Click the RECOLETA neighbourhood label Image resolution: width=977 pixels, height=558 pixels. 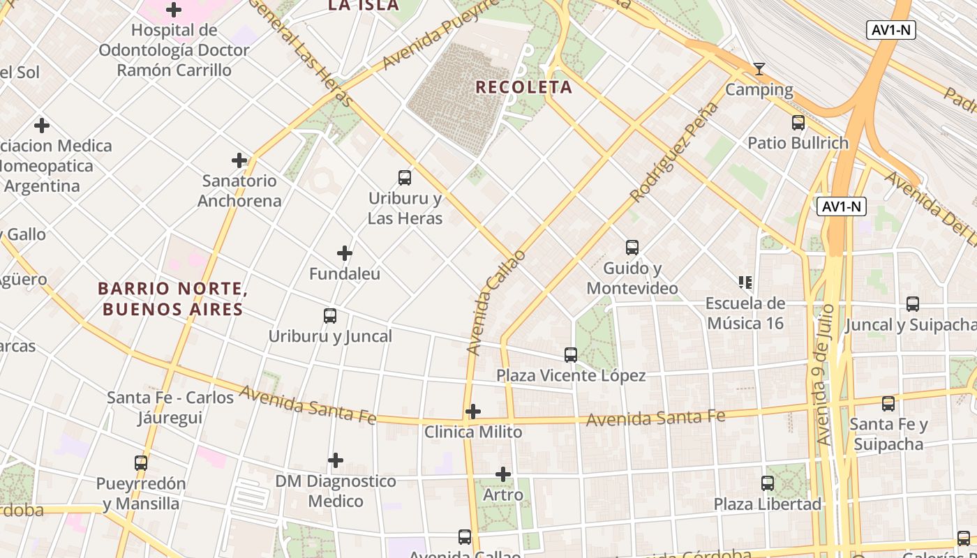coord(523,87)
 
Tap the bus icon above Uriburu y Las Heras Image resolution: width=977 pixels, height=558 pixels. coord(405,177)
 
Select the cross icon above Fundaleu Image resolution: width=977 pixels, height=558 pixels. coord(345,252)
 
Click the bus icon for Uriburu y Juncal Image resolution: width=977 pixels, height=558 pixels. coord(330,315)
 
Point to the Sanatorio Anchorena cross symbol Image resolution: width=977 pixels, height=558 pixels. coord(239,160)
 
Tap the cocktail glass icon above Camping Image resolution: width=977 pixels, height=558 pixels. coord(759,68)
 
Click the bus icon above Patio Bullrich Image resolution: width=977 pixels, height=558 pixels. coord(798,123)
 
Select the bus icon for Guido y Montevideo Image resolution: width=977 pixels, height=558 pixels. coord(632,247)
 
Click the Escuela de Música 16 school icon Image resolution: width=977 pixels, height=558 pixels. coord(745,282)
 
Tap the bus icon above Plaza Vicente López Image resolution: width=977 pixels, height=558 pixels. coord(571,354)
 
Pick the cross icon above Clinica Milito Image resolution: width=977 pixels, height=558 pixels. coord(473,412)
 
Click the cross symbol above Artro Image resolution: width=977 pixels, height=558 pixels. coord(503,474)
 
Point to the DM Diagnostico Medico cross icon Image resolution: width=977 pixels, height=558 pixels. coord(336,460)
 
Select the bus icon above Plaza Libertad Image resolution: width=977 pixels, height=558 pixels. coord(768,483)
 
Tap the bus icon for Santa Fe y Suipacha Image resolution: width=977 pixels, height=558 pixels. coord(888,403)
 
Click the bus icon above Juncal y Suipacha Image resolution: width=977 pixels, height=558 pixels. coord(913,303)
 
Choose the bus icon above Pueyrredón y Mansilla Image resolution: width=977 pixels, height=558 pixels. coord(141,462)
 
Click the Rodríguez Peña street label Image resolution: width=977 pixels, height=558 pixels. coord(674,152)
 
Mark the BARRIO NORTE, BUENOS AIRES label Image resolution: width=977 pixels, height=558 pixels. coord(172,299)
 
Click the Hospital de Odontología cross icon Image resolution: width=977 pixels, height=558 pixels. coord(174,10)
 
